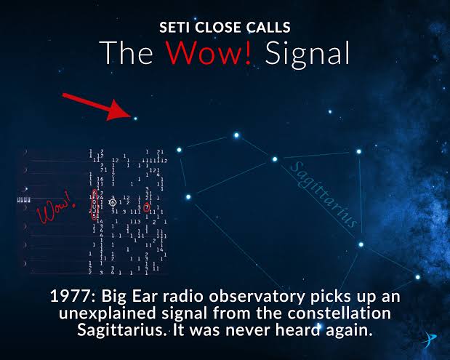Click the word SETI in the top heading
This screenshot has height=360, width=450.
coord(174,28)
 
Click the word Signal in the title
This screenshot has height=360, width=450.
coord(305,54)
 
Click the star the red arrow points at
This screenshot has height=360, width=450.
coord(134,116)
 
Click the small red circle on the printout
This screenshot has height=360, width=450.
coord(147,208)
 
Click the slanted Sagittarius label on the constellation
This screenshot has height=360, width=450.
coord(324,194)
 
